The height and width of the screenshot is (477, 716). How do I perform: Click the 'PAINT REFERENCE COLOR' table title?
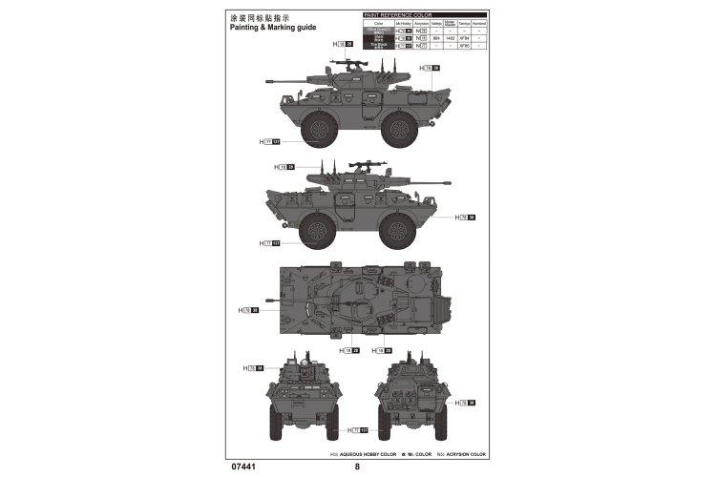click(397, 15)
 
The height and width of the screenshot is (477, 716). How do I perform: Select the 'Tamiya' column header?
click(464, 23)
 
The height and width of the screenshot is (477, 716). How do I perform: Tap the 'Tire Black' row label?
click(379, 44)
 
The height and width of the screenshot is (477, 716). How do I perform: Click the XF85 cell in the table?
click(464, 44)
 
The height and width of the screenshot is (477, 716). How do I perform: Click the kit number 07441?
click(245, 467)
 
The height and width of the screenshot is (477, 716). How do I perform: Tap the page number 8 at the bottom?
click(357, 467)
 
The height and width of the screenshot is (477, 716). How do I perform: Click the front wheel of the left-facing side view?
click(318, 130)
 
